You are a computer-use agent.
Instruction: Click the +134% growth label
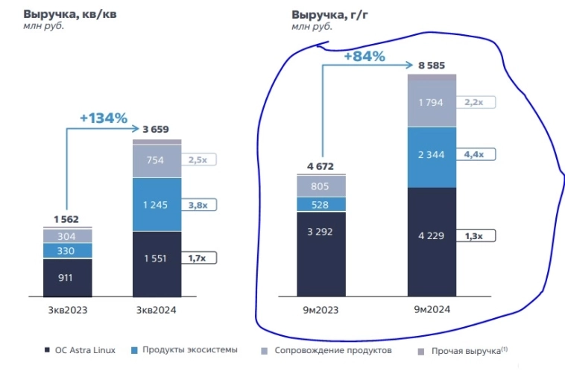click(104, 118)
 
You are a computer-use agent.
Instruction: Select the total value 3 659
click(157, 128)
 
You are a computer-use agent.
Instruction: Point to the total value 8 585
click(431, 66)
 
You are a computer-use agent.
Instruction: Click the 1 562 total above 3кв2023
click(67, 218)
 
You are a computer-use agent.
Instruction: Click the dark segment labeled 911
click(67, 277)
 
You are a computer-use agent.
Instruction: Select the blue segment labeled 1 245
click(157, 203)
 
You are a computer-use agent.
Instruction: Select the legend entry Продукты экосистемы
click(187, 350)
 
